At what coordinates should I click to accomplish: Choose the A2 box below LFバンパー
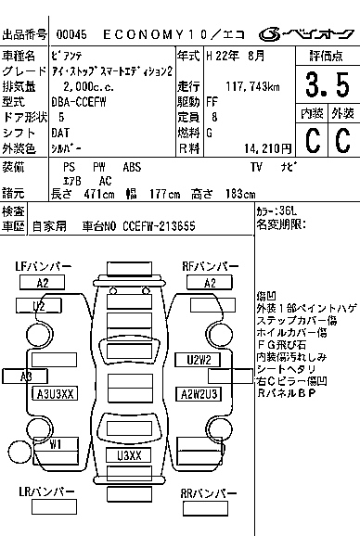point(43,283)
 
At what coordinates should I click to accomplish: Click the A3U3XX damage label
point(55,394)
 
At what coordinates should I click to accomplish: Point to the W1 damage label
point(56,444)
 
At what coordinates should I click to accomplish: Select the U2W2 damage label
point(199,360)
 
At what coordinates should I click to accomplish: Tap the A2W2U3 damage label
point(199,393)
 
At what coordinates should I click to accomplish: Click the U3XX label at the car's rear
point(129,456)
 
